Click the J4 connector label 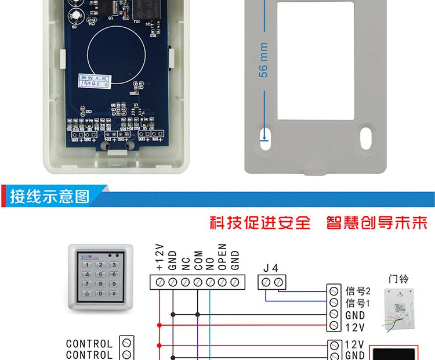pos(271,268)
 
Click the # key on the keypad pos(114,294)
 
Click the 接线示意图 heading pos(50,196)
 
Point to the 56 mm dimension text pos(264,60)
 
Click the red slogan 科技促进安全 pos(260,223)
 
